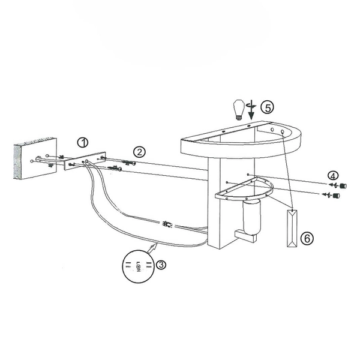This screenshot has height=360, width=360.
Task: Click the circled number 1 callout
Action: click(x=83, y=143)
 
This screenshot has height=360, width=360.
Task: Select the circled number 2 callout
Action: click(x=139, y=152)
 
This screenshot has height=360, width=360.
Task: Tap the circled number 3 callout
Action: click(x=161, y=265)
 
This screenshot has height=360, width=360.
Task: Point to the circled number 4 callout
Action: click(x=333, y=176)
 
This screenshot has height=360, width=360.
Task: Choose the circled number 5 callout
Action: click(x=268, y=107)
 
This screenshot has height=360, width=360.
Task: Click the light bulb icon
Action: click(x=239, y=110)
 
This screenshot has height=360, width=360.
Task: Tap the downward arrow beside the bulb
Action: click(x=252, y=110)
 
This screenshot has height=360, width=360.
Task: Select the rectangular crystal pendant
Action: click(x=292, y=228)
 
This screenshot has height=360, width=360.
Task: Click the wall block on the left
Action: click(x=35, y=158)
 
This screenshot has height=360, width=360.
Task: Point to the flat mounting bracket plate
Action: click(x=85, y=161)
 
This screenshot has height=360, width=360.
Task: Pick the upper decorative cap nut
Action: click(x=343, y=185)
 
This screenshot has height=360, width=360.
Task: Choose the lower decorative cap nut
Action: click(x=337, y=196)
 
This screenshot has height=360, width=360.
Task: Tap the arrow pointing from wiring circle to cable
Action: click(x=152, y=248)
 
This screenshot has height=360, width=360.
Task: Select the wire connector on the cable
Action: click(x=167, y=224)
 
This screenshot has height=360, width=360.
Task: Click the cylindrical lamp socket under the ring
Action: click(x=251, y=217)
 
